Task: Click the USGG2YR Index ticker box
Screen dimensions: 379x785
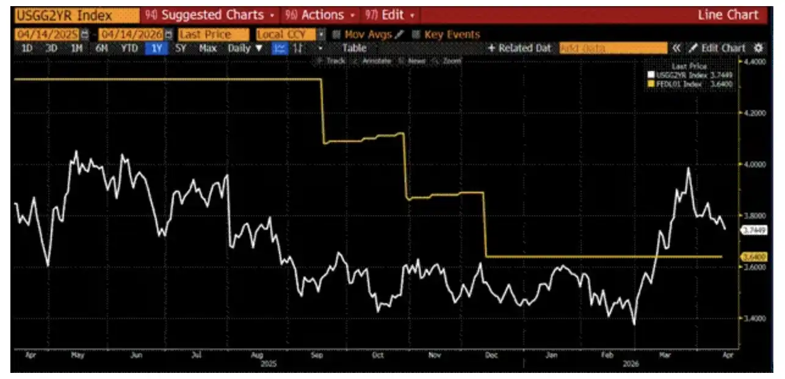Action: pyautogui.click(x=63, y=15)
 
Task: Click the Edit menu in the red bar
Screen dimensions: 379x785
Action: pyautogui.click(x=391, y=15)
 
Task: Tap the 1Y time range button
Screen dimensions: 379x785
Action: pyautogui.click(x=157, y=48)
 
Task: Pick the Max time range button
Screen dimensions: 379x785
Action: pyautogui.click(x=208, y=48)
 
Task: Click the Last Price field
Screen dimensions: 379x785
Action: pyautogui.click(x=214, y=35)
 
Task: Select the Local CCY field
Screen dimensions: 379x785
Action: pyautogui.click(x=286, y=35)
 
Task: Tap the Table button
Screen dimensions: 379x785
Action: pyautogui.click(x=354, y=48)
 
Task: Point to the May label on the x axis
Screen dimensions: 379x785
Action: pyautogui.click(x=77, y=354)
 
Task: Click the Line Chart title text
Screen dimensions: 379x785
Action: pyautogui.click(x=728, y=15)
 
